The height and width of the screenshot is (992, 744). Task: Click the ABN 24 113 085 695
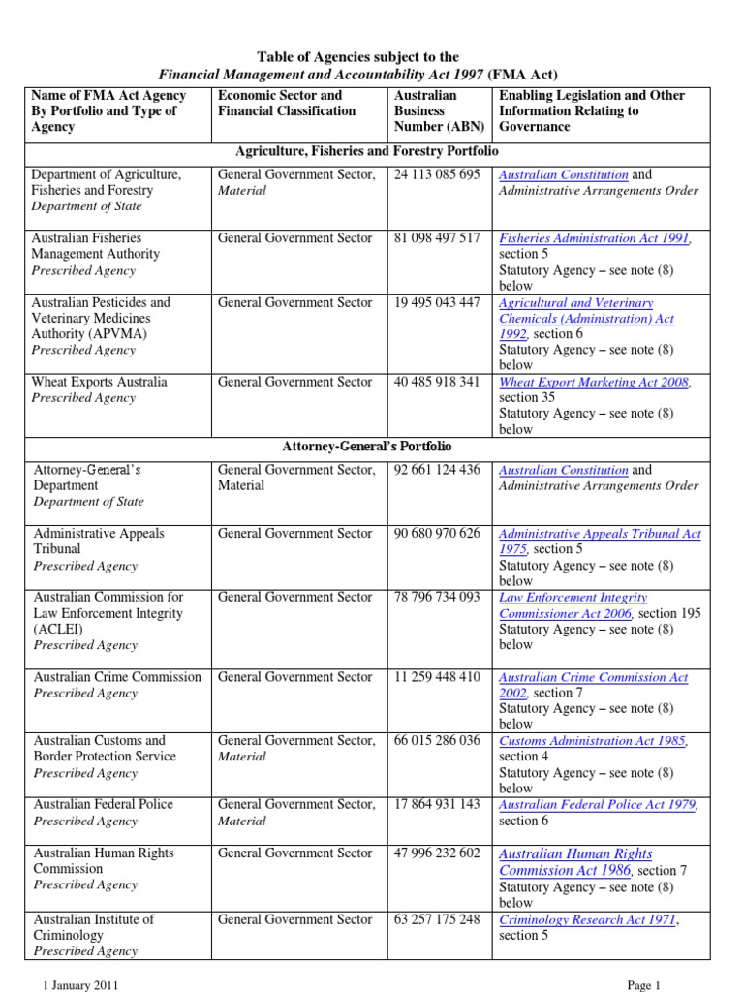437,174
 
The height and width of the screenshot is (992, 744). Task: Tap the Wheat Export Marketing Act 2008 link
594,383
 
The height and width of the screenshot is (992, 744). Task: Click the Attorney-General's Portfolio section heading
367,447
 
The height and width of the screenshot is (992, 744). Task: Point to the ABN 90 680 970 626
437,534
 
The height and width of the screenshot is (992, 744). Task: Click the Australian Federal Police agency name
104,804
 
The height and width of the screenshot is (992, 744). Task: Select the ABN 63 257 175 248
437,919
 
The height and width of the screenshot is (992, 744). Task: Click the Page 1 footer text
643,985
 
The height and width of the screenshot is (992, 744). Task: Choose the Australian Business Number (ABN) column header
439,110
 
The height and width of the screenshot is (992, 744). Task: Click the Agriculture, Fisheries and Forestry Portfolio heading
367,152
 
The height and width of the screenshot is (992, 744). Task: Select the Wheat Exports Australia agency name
100,382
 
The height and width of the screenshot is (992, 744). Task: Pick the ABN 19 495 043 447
437,303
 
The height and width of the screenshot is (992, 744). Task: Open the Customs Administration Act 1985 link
593,741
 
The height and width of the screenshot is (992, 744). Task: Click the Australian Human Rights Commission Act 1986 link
575,862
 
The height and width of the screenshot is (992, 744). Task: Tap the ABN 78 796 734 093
437,598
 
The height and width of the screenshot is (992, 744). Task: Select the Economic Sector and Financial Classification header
287,103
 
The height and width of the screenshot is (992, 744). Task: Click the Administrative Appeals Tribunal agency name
99,541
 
